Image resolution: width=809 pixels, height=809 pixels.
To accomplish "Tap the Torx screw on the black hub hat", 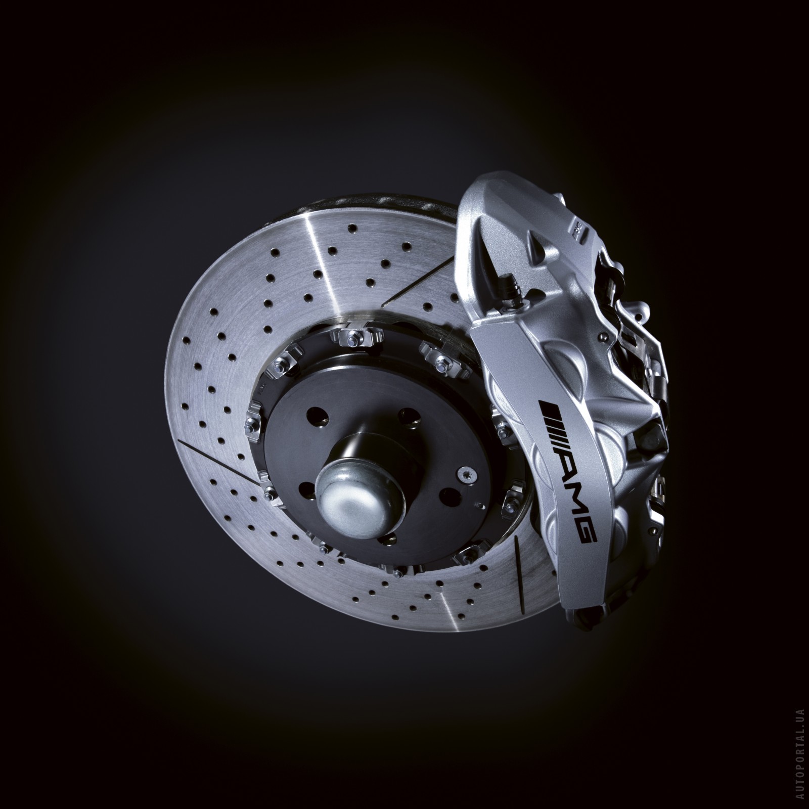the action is pyautogui.click(x=463, y=473).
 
